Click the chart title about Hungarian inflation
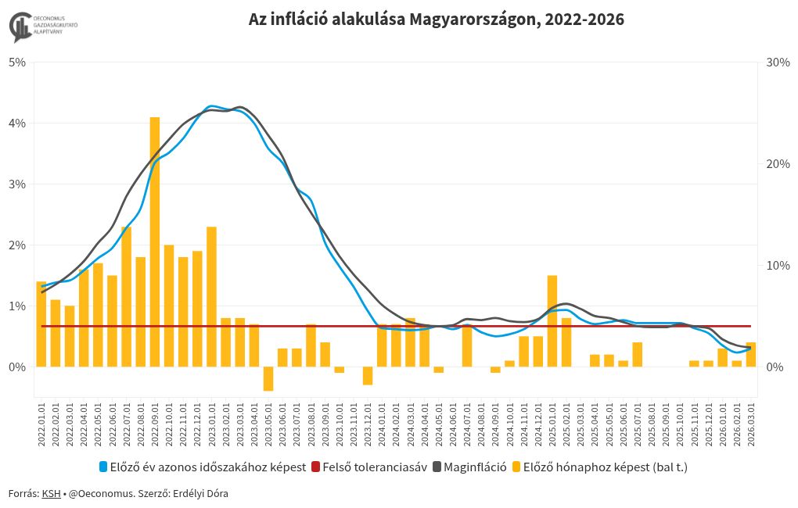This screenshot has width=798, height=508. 437,20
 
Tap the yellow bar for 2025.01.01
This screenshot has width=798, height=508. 552,320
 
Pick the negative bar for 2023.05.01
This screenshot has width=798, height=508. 268,379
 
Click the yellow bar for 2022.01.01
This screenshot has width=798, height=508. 41,324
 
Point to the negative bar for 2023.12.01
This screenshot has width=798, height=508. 368,375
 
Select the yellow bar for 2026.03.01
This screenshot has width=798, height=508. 751,354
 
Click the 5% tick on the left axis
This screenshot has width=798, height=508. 17,62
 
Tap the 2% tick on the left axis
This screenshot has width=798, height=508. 17,245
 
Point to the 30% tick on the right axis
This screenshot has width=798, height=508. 778,62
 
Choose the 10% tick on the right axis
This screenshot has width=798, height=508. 778,265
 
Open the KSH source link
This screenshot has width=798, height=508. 51,494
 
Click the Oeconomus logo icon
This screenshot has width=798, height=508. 20,26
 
